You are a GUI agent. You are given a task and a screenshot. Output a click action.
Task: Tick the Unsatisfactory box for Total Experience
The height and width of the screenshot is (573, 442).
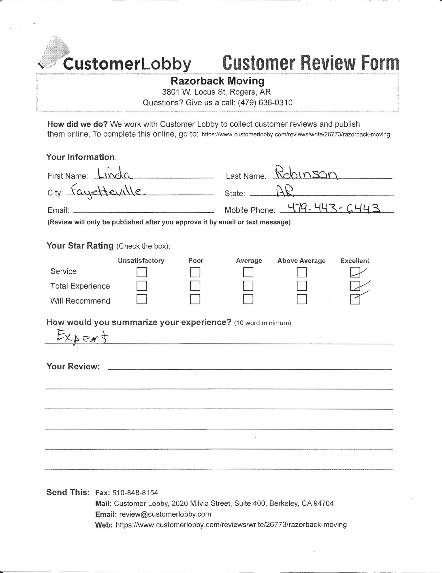tap(142, 286)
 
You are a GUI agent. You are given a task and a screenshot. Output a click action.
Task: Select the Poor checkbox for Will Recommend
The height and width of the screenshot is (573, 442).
tap(195, 299)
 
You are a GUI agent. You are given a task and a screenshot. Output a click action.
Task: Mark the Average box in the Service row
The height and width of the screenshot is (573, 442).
tap(248, 272)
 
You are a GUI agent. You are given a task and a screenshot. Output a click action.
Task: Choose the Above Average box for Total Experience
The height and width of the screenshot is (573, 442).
tap(302, 286)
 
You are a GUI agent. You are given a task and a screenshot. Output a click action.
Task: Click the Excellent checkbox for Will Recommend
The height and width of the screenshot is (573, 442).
tap(355, 299)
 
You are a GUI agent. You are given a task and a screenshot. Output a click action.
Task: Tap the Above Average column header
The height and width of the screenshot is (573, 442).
tap(301, 261)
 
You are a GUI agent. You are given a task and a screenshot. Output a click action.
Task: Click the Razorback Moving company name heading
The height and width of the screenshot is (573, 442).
tap(218, 81)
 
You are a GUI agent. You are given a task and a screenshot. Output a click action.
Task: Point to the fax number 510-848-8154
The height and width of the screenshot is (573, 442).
tap(135, 492)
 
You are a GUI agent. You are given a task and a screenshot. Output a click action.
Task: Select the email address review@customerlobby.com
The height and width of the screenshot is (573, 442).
tap(165, 514)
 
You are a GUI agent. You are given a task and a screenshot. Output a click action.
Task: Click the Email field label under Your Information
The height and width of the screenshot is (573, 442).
tap(58, 210)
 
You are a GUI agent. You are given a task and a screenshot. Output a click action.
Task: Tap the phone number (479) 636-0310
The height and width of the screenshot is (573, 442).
tap(265, 103)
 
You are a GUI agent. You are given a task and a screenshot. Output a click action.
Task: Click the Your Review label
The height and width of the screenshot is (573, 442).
tap(73, 366)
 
